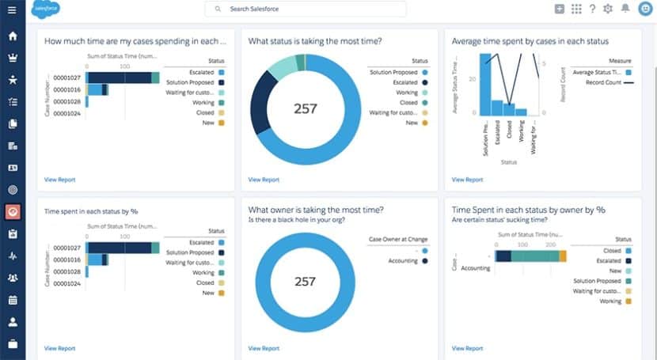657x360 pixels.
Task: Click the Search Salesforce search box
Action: [x=305, y=9]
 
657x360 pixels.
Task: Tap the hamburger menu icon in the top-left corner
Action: [x=12, y=9]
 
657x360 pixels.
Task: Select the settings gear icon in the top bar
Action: [x=608, y=9]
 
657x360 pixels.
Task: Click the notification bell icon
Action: [x=625, y=9]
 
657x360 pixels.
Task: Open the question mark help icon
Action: [x=592, y=9]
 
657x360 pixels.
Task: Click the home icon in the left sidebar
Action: [x=12, y=36]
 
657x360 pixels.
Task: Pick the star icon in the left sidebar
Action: [x=12, y=80]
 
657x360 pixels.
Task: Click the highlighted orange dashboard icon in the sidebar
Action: [x=12, y=212]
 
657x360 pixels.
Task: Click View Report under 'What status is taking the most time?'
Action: [x=264, y=180]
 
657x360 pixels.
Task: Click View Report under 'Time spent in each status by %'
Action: [x=60, y=347]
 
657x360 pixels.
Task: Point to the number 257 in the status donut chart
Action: [x=305, y=109]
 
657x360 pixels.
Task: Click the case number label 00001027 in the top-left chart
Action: [x=66, y=78]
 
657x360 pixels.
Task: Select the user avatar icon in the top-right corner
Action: [x=644, y=9]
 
